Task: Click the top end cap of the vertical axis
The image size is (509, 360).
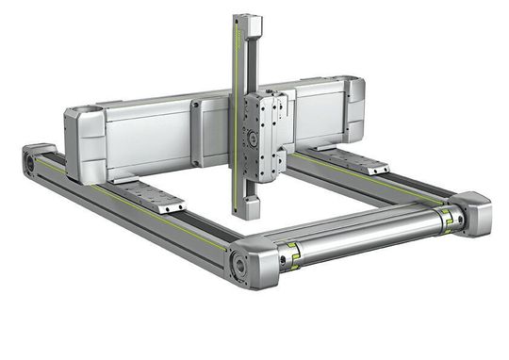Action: pos(248,23)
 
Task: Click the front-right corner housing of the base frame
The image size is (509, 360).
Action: pos(470,213)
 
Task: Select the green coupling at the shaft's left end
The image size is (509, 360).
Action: pos(291,254)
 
